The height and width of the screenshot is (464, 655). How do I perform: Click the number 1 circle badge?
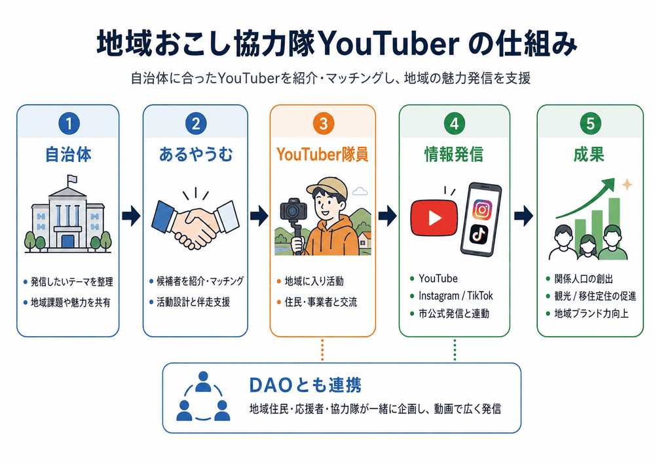(69, 124)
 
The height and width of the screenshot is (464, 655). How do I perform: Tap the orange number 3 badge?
(323, 124)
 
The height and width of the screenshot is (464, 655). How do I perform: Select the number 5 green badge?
(590, 124)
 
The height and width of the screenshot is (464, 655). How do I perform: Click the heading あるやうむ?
(195, 155)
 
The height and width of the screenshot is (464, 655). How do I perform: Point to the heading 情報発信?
(454, 155)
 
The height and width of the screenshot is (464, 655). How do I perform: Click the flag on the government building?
(72, 180)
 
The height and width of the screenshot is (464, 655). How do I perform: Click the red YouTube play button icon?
(434, 218)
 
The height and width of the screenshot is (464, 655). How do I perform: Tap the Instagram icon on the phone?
(483, 208)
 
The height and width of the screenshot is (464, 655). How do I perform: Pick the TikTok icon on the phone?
(479, 234)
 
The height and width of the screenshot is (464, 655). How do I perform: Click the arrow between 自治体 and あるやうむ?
(131, 216)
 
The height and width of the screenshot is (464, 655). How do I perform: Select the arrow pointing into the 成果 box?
(523, 216)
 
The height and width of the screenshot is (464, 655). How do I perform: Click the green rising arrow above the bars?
(585, 199)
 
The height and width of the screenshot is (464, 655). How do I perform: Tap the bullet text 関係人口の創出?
(584, 279)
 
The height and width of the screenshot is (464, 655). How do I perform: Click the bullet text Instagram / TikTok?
(456, 296)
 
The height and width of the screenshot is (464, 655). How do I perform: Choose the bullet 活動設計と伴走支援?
(193, 302)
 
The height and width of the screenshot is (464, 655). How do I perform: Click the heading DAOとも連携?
(305, 385)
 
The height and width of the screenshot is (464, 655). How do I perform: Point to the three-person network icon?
(203, 396)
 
